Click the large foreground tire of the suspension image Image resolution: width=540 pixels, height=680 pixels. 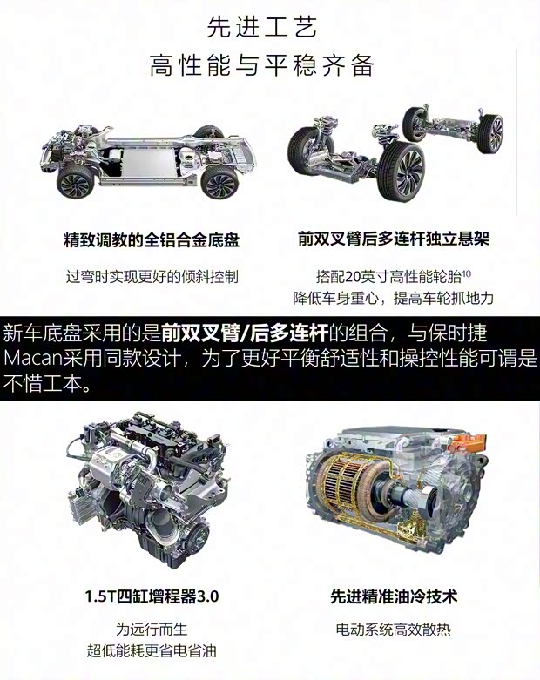[x=400, y=171]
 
